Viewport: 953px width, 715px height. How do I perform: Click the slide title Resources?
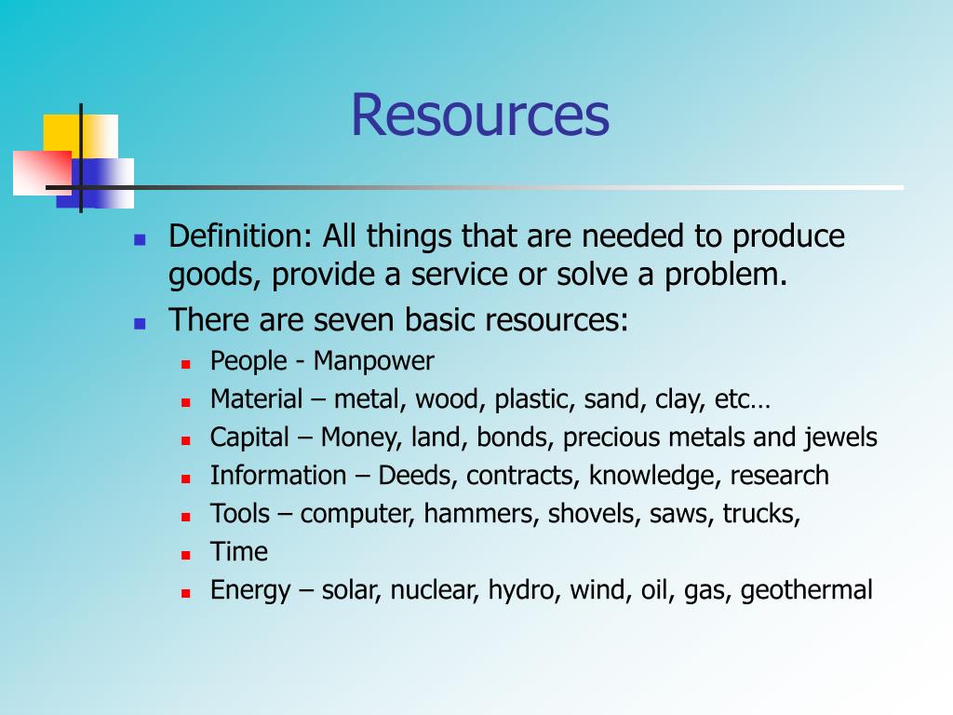479,115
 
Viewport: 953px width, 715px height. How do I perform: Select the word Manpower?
373,360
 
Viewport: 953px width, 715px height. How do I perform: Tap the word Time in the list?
239,552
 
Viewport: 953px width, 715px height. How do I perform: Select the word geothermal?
807,590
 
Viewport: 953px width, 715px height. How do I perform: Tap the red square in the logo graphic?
40,173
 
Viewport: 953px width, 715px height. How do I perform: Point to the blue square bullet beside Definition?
140,239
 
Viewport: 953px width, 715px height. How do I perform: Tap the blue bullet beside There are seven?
140,323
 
